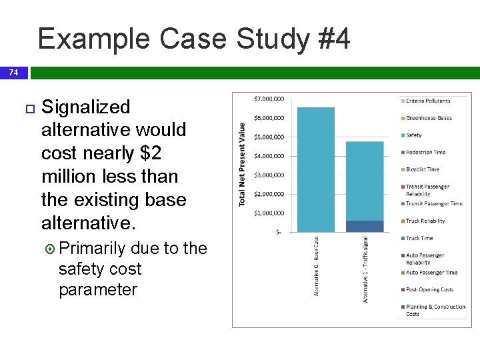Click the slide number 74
click(x=13, y=72)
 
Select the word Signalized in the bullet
click(x=85, y=107)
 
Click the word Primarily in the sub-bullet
click(x=93, y=249)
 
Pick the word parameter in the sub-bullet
click(x=97, y=290)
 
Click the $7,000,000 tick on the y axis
click(x=269, y=99)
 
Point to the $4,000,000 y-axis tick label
click(x=269, y=156)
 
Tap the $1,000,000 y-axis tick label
click(x=269, y=213)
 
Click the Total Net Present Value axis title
click(x=242, y=164)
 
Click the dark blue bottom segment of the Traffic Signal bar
click(x=365, y=226)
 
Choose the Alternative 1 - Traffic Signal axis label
click(x=365, y=269)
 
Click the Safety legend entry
click(x=413, y=135)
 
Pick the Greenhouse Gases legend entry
click(x=429, y=118)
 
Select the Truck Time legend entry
click(x=419, y=238)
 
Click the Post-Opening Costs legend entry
click(x=429, y=290)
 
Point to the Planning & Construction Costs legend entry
click(x=435, y=310)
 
